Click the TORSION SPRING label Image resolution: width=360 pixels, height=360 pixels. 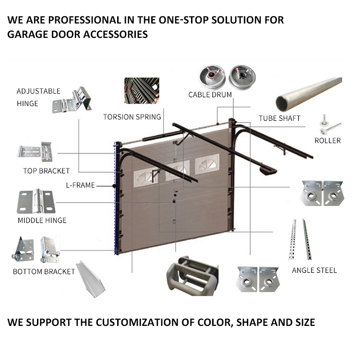coord(132,117)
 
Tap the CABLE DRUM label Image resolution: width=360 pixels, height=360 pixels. coord(210,95)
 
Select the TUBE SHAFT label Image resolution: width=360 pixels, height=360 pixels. coord(279,118)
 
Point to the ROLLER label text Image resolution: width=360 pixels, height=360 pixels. coord(327,141)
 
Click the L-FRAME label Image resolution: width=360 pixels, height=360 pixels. coord(80,185)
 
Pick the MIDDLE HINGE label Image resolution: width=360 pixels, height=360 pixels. coord(42,220)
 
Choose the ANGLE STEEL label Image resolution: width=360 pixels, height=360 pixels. coord(314,270)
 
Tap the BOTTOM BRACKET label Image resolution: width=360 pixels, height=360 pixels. coord(44,272)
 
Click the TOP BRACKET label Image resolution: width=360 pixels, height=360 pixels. coord(47,171)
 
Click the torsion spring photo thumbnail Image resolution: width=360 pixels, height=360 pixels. coord(142,91)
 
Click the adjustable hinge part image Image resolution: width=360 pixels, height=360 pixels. coord(72,100)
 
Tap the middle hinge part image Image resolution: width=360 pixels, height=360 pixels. coord(36,201)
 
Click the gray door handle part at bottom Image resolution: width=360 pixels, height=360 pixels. coord(192,276)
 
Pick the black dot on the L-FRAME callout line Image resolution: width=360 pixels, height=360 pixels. coord(114,186)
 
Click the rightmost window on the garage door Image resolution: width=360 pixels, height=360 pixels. coord(207,164)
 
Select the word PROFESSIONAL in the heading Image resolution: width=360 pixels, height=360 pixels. coord(84,20)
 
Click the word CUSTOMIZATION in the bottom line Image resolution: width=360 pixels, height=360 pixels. coord(137,323)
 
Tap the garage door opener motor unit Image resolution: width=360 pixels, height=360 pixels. coord(268,171)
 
